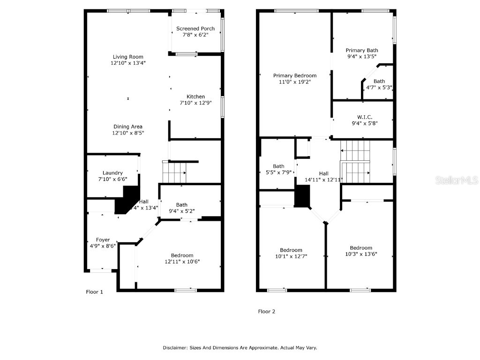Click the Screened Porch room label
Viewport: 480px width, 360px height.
[x=195, y=29]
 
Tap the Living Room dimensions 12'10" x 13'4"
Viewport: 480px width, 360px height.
[x=128, y=63]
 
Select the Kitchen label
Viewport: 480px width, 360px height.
[x=195, y=97]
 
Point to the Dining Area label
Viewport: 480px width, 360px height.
[x=127, y=127]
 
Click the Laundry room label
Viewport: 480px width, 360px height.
[x=112, y=173]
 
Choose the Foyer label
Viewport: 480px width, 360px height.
[x=103, y=240]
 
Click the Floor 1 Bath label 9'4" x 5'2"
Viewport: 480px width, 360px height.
[x=181, y=211]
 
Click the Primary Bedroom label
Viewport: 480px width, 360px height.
[x=295, y=75]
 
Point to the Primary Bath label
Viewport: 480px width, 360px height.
[x=362, y=50]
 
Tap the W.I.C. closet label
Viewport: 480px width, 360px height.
[x=364, y=117]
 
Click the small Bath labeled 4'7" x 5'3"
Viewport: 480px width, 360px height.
[x=379, y=82]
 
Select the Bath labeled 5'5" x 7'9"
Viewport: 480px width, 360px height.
[x=278, y=166]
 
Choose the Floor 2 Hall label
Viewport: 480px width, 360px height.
[x=323, y=173]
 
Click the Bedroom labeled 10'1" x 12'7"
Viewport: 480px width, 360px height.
[x=291, y=250]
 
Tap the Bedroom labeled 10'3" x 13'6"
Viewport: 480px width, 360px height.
[x=361, y=248]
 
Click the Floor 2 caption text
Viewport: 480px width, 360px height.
[x=267, y=311]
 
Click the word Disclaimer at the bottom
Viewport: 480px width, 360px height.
[x=174, y=348]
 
